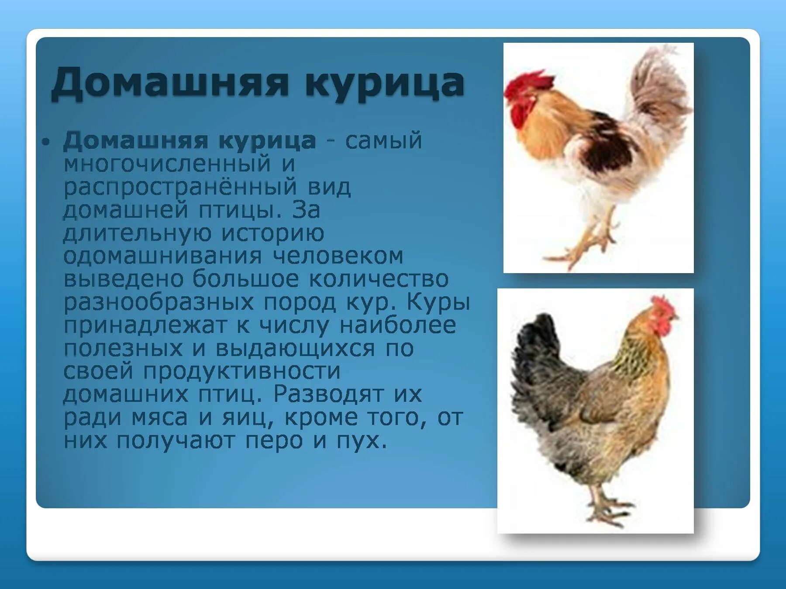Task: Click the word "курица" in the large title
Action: point(384,83)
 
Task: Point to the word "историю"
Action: point(272,233)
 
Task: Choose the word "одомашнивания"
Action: point(162,256)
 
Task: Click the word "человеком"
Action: point(338,256)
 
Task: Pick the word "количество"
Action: point(379,279)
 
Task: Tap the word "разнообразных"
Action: point(159,302)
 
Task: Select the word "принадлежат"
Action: point(145,325)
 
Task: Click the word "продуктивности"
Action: point(242,371)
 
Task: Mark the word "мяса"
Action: point(159,418)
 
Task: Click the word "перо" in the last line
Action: point(274,441)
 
